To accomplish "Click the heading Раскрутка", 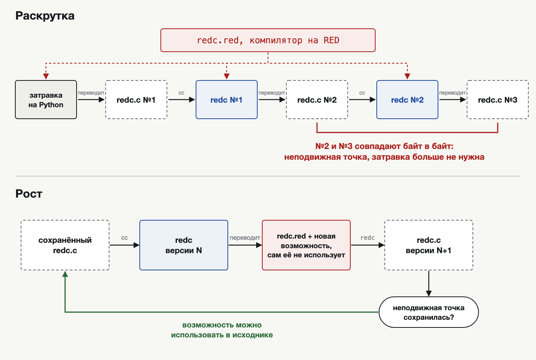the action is tap(45, 16).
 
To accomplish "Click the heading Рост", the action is tap(29, 194).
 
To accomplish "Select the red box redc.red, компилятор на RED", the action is tap(268, 40).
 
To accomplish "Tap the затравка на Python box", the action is tap(46, 100).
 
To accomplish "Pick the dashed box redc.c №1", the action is tap(136, 100).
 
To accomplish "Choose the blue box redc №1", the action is tap(227, 100).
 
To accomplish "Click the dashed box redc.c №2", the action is tap(317, 100).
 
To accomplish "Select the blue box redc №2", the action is tap(407, 100).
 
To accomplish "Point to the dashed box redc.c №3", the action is tap(498, 100).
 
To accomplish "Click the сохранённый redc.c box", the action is tap(65, 245).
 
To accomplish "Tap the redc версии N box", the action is tap(184, 245).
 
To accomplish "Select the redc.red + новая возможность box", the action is tap(306, 245).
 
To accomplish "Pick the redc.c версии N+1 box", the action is tap(429, 245).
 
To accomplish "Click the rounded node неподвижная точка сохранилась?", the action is tap(429, 312).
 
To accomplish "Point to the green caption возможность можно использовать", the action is tap(222, 330).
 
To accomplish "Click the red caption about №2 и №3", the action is tap(384, 152).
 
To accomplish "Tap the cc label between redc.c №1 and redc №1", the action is tap(181, 93).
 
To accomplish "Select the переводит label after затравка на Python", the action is tap(91, 93).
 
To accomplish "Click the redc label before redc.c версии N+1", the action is tap(368, 238).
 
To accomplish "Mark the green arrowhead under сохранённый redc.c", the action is tap(65, 274).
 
